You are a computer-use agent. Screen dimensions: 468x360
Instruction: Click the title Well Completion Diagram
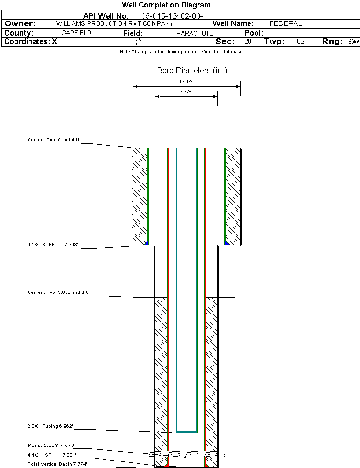(166, 5)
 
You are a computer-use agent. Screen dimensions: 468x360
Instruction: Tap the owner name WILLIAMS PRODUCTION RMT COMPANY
(114, 23)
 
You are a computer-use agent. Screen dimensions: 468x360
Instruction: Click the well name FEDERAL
(286, 23)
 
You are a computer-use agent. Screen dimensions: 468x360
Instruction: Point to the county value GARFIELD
(76, 33)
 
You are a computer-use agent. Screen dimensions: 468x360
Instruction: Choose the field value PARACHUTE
(195, 33)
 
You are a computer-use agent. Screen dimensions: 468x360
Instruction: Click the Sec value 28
(248, 42)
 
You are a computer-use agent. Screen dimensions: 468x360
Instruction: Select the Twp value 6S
(301, 42)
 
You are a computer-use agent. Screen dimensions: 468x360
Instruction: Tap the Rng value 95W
(353, 42)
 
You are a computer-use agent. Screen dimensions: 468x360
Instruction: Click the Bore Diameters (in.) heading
(192, 71)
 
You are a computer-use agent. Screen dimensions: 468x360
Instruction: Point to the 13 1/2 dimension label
(186, 81)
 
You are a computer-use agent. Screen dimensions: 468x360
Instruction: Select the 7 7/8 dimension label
(186, 92)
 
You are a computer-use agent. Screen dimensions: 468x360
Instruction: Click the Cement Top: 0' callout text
(54, 140)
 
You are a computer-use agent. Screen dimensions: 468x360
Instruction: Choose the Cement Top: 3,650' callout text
(58, 292)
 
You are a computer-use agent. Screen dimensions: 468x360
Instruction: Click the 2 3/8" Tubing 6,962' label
(51, 426)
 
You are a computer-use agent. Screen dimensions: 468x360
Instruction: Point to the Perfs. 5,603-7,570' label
(51, 445)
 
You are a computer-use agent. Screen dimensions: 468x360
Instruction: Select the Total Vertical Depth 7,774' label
(57, 464)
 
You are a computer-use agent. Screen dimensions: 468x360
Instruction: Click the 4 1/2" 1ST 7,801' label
(51, 454)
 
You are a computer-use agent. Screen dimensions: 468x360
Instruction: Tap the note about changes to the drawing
(181, 52)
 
